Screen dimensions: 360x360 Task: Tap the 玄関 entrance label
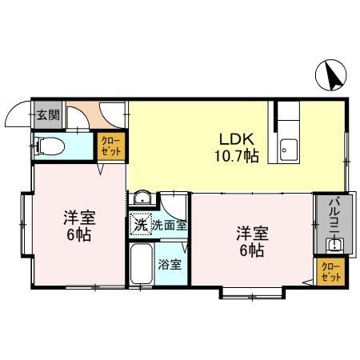47,114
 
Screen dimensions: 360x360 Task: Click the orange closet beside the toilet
110,146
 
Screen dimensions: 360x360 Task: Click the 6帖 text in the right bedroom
251,251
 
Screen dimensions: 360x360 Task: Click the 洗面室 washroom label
170,226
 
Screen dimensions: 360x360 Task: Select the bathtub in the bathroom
142,264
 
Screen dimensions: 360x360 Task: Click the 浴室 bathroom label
170,264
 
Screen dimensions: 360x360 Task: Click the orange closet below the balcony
330,270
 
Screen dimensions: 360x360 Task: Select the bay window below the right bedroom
251,294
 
